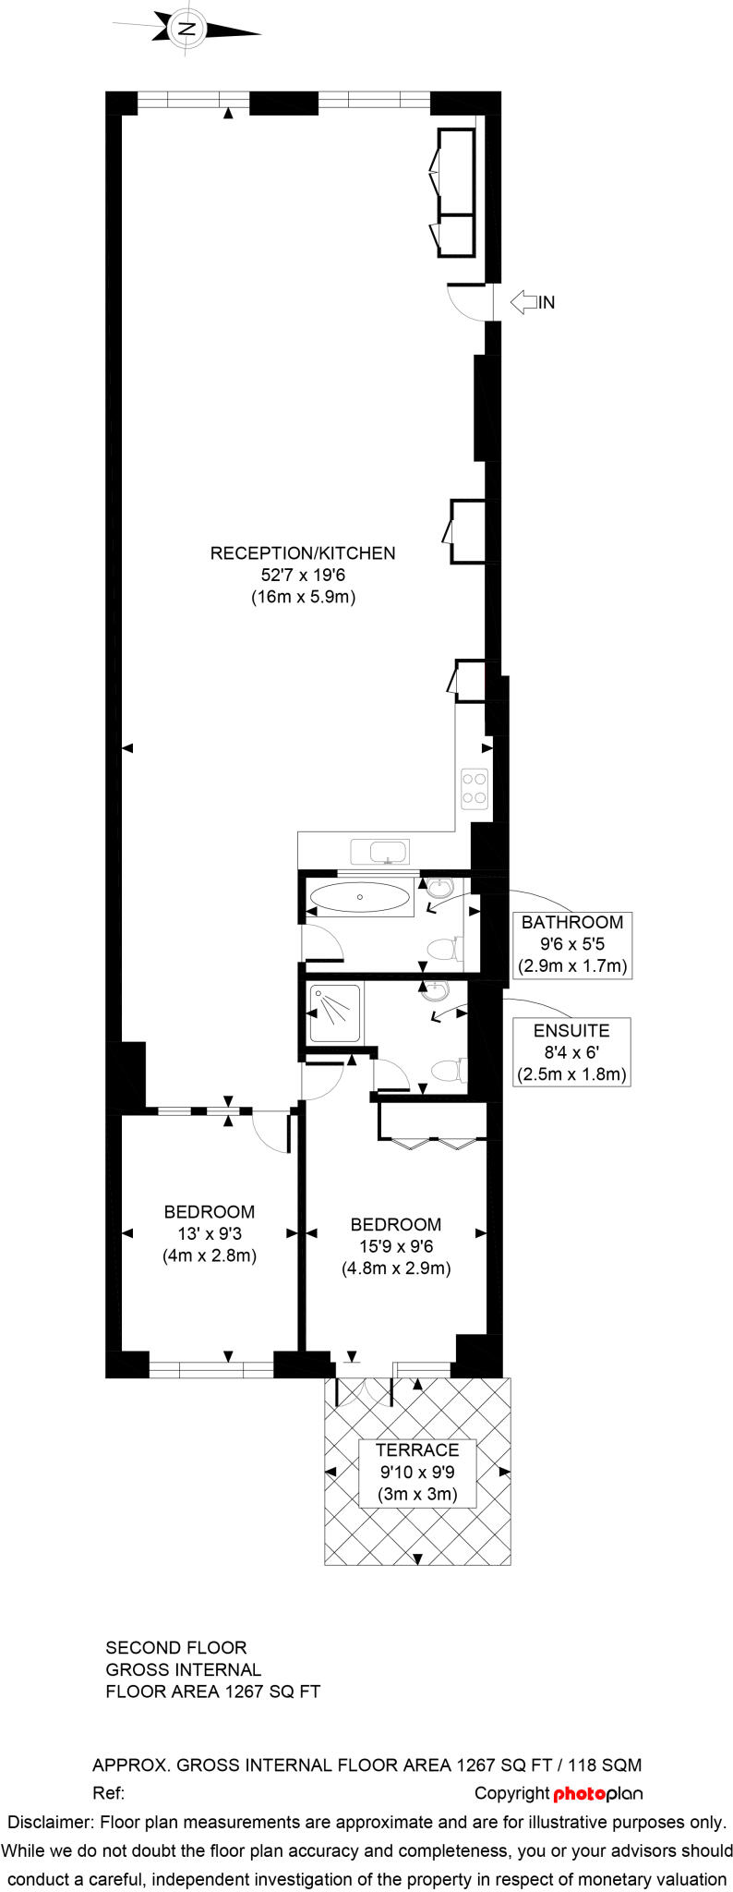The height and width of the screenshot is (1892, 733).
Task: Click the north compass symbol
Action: click(x=188, y=29)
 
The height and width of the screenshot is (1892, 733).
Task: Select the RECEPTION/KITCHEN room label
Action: click(x=303, y=553)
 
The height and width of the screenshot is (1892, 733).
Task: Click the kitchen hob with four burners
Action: click(x=475, y=788)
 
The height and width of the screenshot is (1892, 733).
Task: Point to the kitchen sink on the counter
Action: click(x=379, y=850)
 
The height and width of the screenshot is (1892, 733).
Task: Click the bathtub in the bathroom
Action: click(x=360, y=896)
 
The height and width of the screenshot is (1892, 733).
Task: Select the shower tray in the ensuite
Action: click(x=334, y=1013)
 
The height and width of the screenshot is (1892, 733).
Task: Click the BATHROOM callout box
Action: click(x=571, y=944)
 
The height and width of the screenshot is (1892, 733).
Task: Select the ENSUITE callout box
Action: click(x=571, y=1052)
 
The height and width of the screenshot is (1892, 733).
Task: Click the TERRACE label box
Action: click(x=417, y=1473)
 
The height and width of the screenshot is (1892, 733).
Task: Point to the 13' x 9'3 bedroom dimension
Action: click(x=210, y=1233)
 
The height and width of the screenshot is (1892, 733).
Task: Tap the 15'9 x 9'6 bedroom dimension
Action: click(x=396, y=1246)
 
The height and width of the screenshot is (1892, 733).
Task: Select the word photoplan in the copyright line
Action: click(x=597, y=1793)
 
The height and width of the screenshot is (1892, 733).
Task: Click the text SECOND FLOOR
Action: click(x=176, y=1647)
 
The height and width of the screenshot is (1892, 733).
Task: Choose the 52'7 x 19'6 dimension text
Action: click(x=303, y=575)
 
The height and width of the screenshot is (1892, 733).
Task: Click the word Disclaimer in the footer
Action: click(x=50, y=1822)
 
